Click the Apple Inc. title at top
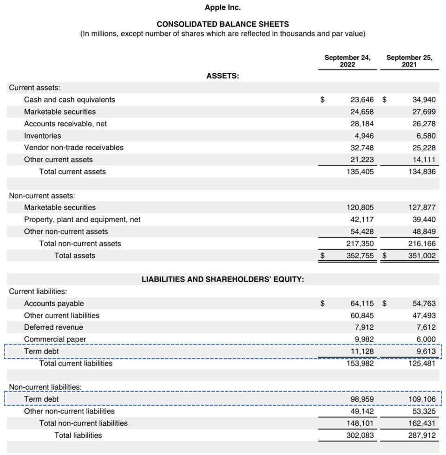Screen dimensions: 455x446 pyautogui.click(x=223, y=8)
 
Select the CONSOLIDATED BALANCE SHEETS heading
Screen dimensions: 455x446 pyautogui.click(x=223, y=24)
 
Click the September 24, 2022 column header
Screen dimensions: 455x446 pyautogui.click(x=347, y=61)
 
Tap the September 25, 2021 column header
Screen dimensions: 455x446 pyautogui.click(x=409, y=61)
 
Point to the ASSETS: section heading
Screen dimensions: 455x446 pyautogui.click(x=223, y=76)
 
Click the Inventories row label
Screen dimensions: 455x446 pyautogui.click(x=42, y=136)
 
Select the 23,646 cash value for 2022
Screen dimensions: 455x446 pyautogui.click(x=361, y=100)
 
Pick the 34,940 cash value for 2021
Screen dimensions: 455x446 pyautogui.click(x=424, y=100)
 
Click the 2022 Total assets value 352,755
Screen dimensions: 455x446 pyautogui.click(x=360, y=256)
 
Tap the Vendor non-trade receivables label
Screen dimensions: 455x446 pyautogui.click(x=74, y=147)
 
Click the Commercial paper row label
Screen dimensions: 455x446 pyautogui.click(x=55, y=340)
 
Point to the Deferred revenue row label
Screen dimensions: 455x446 pyautogui.click(x=53, y=327)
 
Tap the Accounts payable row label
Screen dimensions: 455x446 pyautogui.click(x=54, y=303)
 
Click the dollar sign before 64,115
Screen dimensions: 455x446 pyautogui.click(x=322, y=304)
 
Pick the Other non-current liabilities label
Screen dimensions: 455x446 pyautogui.click(x=69, y=411)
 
